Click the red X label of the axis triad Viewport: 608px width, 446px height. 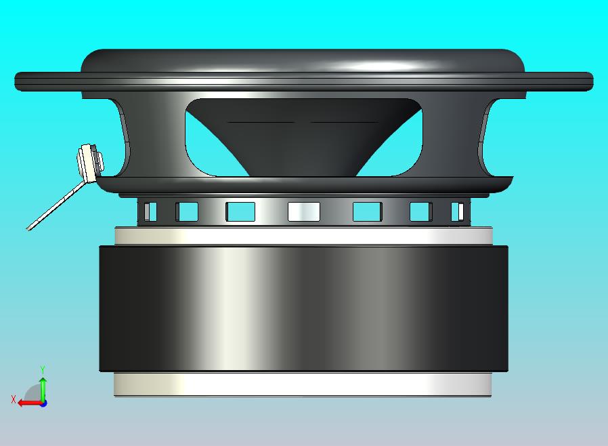click(13, 399)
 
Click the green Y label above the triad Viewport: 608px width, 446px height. click(43, 369)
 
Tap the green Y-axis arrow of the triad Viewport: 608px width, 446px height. click(43, 386)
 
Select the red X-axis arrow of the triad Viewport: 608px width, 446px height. click(27, 403)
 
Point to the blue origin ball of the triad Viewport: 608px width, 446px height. click(43, 403)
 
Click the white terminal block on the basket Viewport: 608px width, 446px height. click(88, 163)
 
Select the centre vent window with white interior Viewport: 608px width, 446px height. click(303, 211)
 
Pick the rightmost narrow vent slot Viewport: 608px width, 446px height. click(458, 211)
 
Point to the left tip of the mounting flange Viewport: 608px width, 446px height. click(17, 81)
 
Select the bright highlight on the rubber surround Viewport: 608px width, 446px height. click(379, 66)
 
